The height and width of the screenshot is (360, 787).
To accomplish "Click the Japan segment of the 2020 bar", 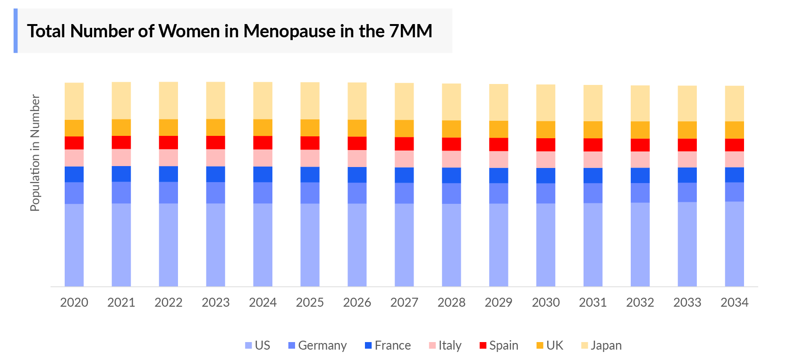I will (x=74, y=101).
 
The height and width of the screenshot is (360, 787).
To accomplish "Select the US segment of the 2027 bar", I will (x=404, y=245).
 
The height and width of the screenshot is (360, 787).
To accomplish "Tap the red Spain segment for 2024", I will (x=262, y=142).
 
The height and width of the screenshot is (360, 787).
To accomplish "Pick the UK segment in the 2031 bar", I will (x=592, y=130).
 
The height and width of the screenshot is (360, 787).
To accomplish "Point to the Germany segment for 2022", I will (x=169, y=193).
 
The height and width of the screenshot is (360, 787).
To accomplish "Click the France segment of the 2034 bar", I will (x=734, y=175).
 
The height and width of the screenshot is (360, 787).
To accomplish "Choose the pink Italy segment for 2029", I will (x=499, y=159).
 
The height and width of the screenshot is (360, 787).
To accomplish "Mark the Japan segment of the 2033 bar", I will (x=687, y=103).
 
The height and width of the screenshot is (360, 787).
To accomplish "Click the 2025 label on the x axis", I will (x=310, y=302).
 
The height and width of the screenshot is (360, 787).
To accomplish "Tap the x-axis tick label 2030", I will (x=546, y=302).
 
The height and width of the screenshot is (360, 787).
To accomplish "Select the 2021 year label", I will (x=121, y=302).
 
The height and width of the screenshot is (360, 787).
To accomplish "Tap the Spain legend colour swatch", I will (x=483, y=345).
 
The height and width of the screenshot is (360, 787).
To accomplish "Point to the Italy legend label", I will (x=449, y=345).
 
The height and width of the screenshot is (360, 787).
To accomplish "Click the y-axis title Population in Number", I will (x=35, y=153).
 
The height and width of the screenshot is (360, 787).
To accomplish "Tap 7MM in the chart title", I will (x=411, y=31).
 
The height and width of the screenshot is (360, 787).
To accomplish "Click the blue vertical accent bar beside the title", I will (x=16, y=31).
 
